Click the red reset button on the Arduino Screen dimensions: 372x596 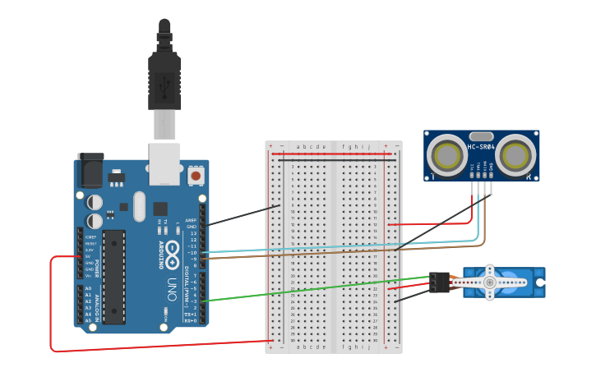(196, 175)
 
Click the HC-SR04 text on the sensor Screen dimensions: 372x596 (481, 147)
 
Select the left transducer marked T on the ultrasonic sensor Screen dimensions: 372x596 (449, 155)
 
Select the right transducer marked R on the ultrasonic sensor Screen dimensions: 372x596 (515, 155)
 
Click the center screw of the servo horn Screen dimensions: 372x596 (489, 282)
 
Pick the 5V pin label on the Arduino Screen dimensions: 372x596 (87, 256)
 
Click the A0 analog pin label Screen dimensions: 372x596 (88, 289)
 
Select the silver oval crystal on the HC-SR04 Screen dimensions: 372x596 (482, 135)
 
